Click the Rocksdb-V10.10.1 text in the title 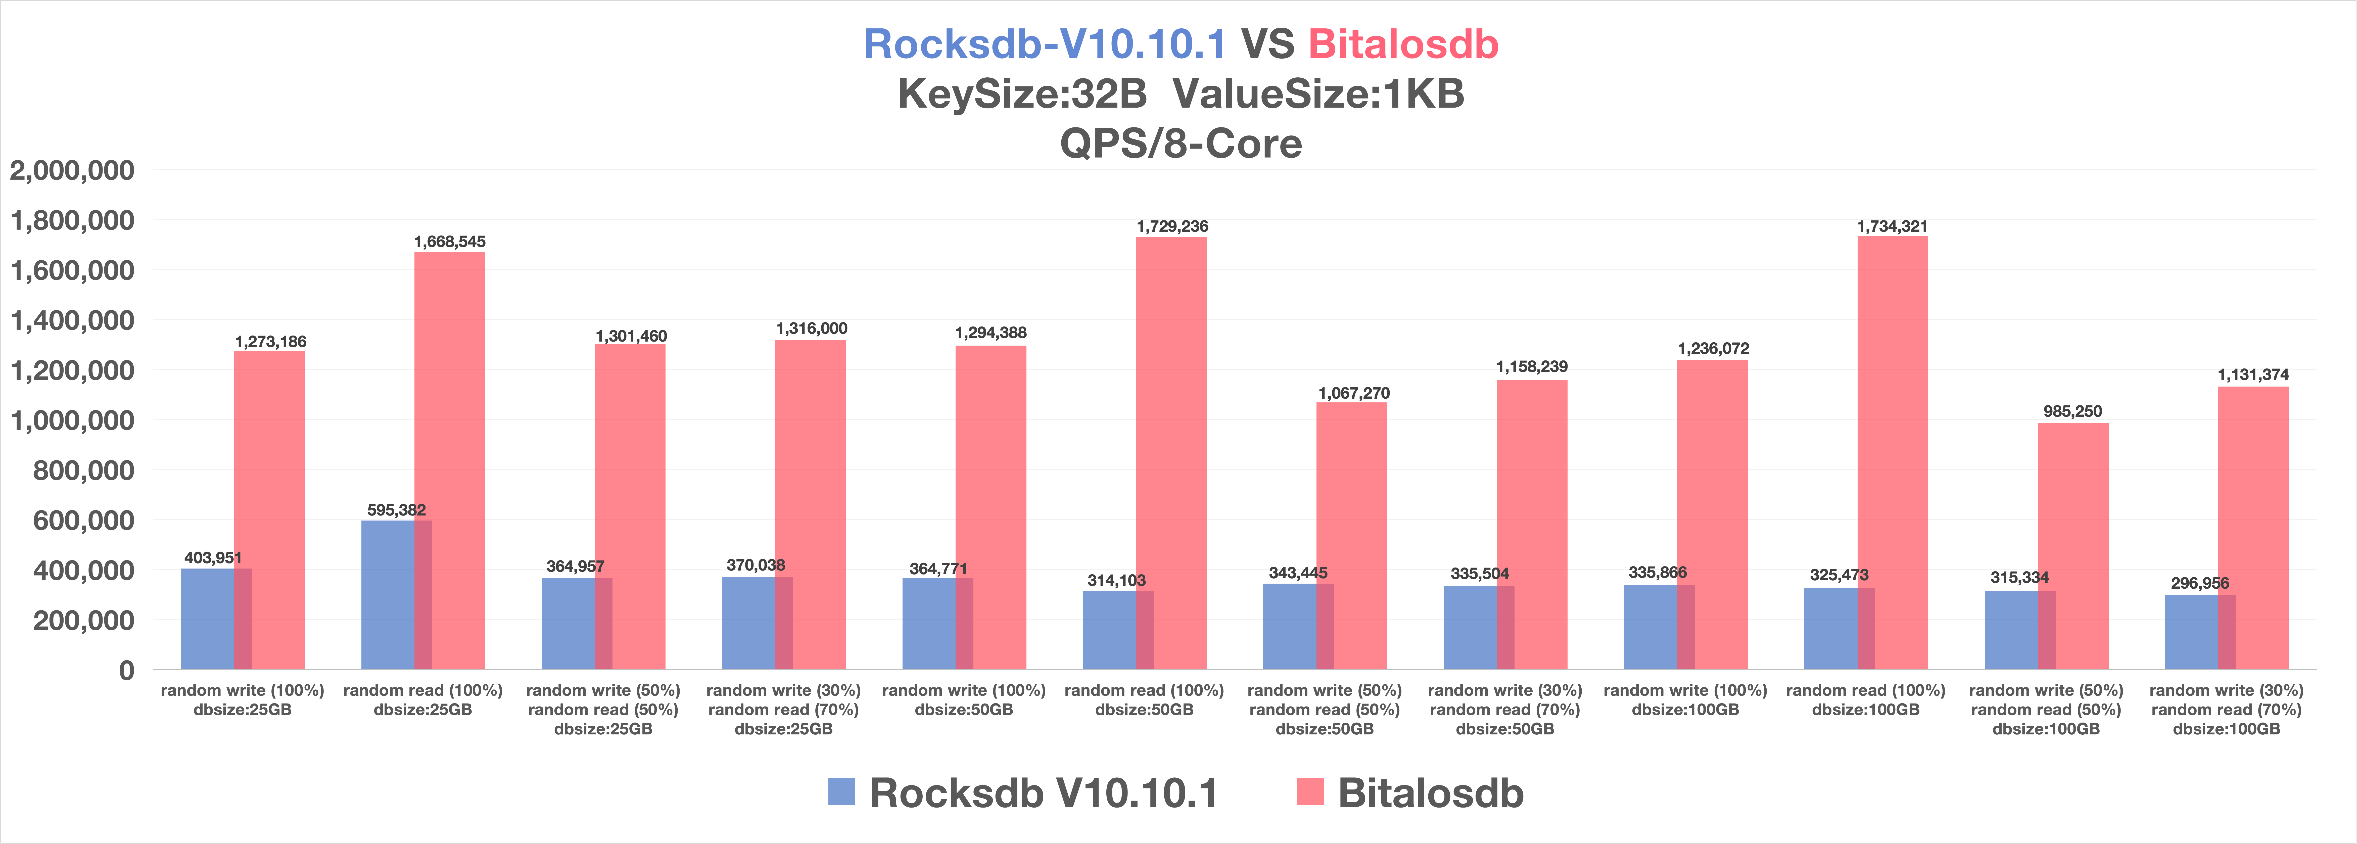[1044, 44]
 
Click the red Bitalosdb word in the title [1403, 44]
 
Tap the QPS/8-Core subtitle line [1180, 144]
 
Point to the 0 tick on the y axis [126, 670]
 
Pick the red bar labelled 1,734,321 [1892, 453]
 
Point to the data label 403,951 [213, 557]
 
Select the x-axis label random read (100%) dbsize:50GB [1144, 699]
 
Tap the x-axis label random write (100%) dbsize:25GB [243, 699]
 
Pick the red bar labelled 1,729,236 [1171, 453]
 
